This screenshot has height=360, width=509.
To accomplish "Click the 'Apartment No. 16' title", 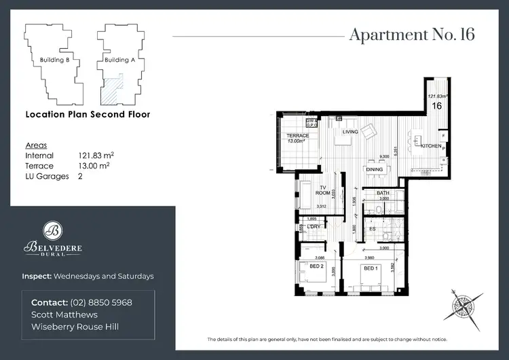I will (411, 35).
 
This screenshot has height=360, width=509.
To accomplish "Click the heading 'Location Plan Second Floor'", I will (88, 115).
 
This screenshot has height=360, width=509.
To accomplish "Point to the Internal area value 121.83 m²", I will (95, 156).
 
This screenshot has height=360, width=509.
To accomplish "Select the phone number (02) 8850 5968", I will (100, 302).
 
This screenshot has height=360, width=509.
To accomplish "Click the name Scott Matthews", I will (65, 314).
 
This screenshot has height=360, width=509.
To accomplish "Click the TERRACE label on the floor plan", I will (297, 136).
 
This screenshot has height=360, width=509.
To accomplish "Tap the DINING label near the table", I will (374, 169).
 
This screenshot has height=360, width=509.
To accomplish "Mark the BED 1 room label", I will (370, 268).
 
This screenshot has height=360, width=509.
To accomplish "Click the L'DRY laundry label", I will (314, 227).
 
